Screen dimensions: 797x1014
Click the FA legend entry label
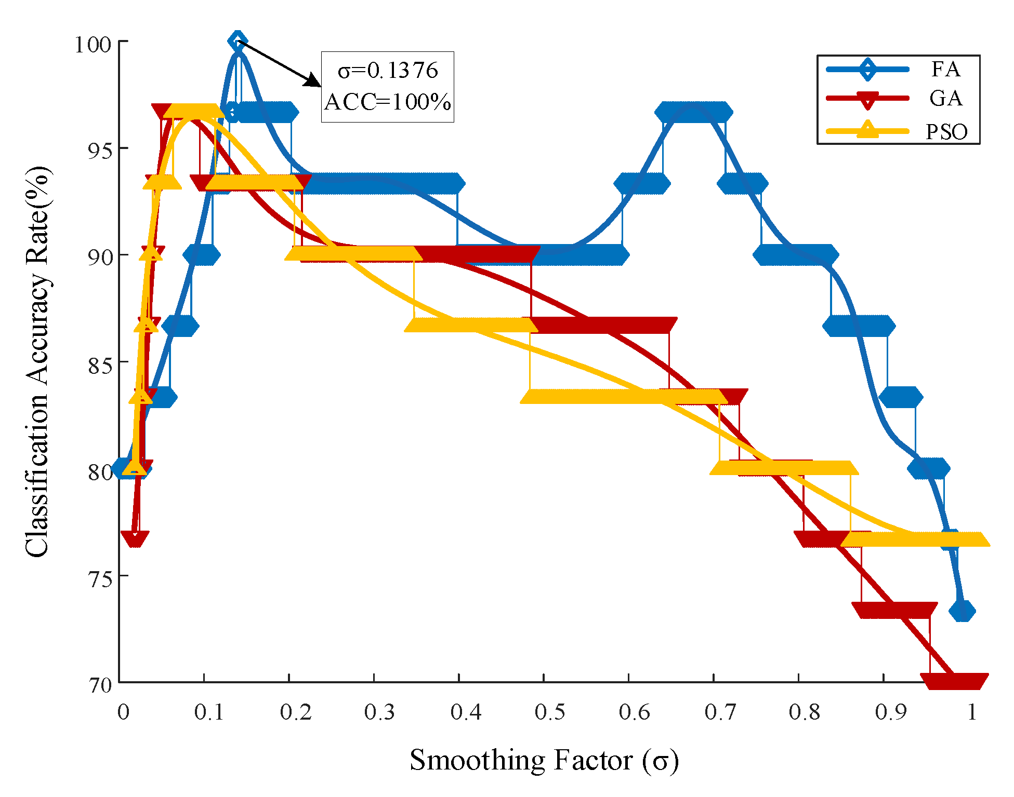click(x=945, y=69)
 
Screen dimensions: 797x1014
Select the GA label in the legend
click(x=945, y=98)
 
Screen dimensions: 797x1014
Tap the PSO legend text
click(x=946, y=132)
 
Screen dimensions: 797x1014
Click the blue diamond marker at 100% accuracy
click(x=238, y=41)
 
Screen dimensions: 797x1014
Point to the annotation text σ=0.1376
click(x=388, y=71)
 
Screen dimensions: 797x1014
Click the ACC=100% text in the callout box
click(x=388, y=102)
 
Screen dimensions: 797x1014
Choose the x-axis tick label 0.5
click(x=549, y=712)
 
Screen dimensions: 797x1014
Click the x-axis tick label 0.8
click(x=804, y=712)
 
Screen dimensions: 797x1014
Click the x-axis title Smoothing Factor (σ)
click(x=544, y=760)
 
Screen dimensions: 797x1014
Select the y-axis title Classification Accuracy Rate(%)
click(x=37, y=362)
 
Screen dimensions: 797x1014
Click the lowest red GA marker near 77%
click(x=135, y=539)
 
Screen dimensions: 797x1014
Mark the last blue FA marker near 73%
click(x=962, y=611)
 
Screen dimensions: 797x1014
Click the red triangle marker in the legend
click(x=867, y=100)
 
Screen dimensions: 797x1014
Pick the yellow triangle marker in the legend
click(x=867, y=129)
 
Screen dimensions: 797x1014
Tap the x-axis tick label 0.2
click(x=295, y=712)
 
